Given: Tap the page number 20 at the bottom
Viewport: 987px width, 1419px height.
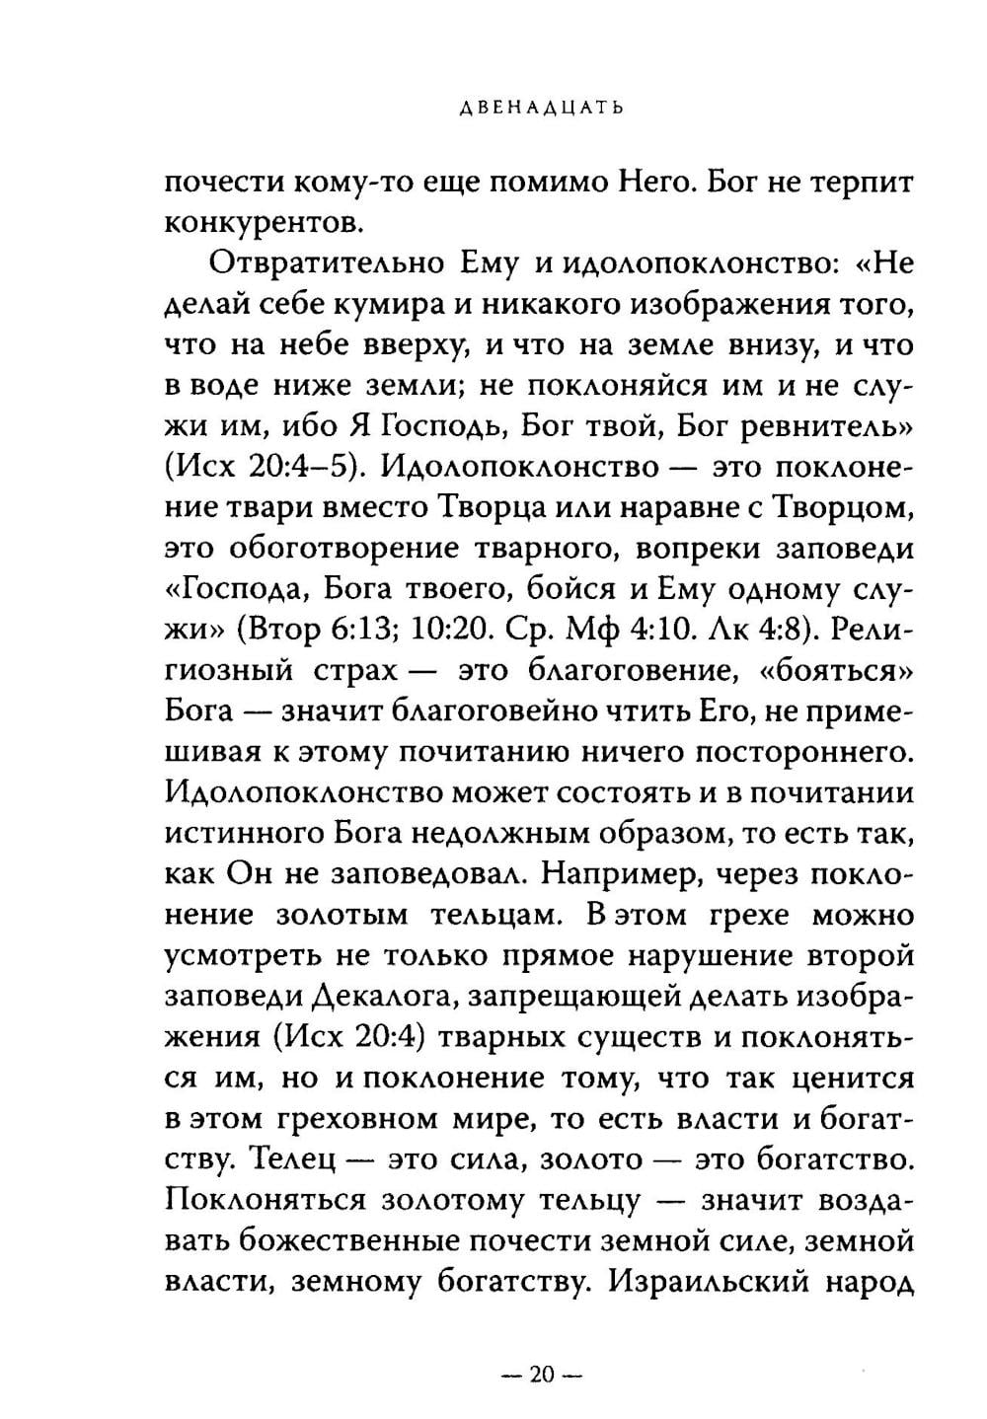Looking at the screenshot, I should (544, 1375).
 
